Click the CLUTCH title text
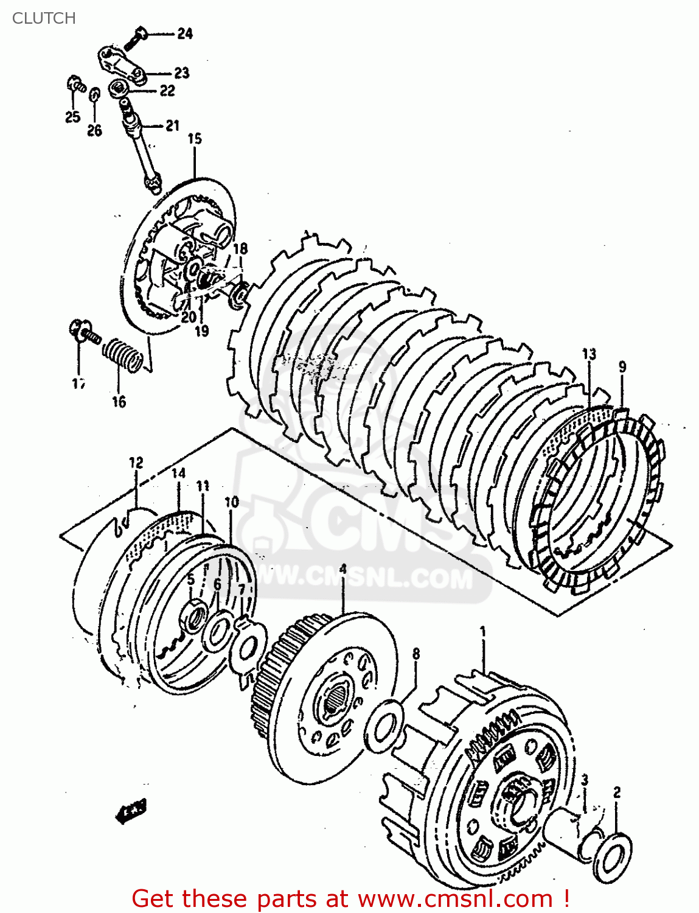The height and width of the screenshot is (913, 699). [x=44, y=18]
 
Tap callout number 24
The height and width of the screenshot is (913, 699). [x=184, y=33]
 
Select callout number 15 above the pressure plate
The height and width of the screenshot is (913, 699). [x=194, y=139]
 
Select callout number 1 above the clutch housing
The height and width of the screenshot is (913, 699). [x=483, y=631]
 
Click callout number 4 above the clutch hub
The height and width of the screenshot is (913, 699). [x=343, y=569]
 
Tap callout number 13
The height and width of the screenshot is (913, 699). [x=588, y=354]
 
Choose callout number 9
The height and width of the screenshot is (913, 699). [x=622, y=367]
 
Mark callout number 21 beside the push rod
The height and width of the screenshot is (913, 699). [x=172, y=125]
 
